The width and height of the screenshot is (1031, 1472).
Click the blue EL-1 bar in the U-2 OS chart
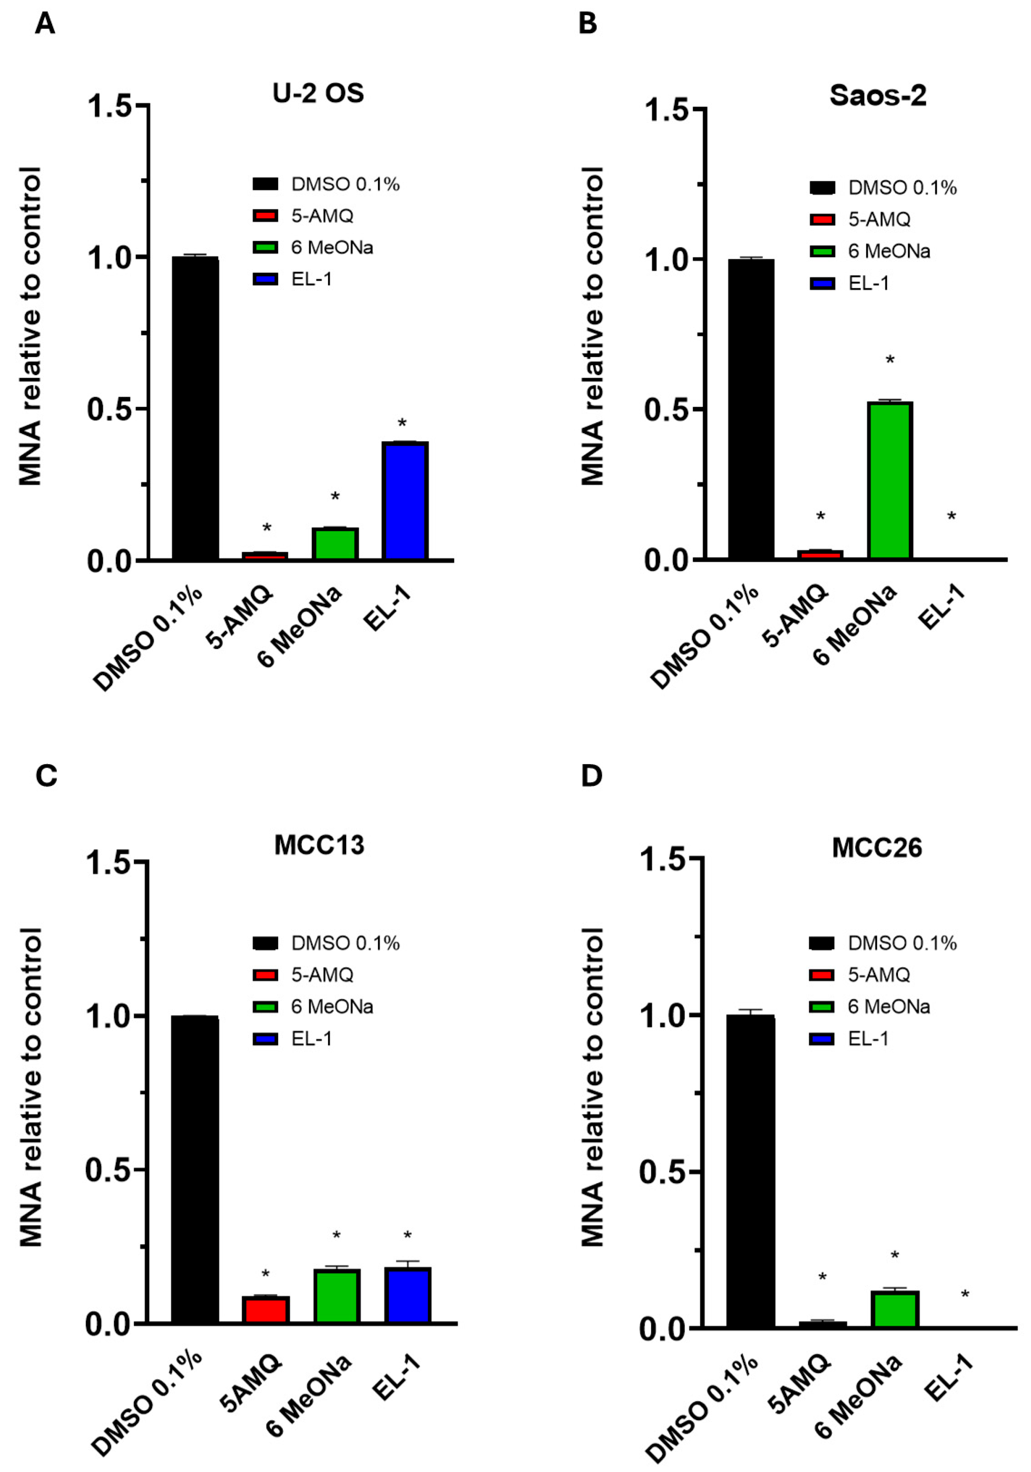[405, 501]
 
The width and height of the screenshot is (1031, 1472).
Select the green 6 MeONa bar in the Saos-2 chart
[889, 480]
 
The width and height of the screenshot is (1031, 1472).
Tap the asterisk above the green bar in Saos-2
[890, 361]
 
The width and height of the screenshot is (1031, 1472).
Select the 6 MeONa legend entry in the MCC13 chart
[332, 1007]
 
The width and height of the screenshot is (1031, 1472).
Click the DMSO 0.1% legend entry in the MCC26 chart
[901, 943]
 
